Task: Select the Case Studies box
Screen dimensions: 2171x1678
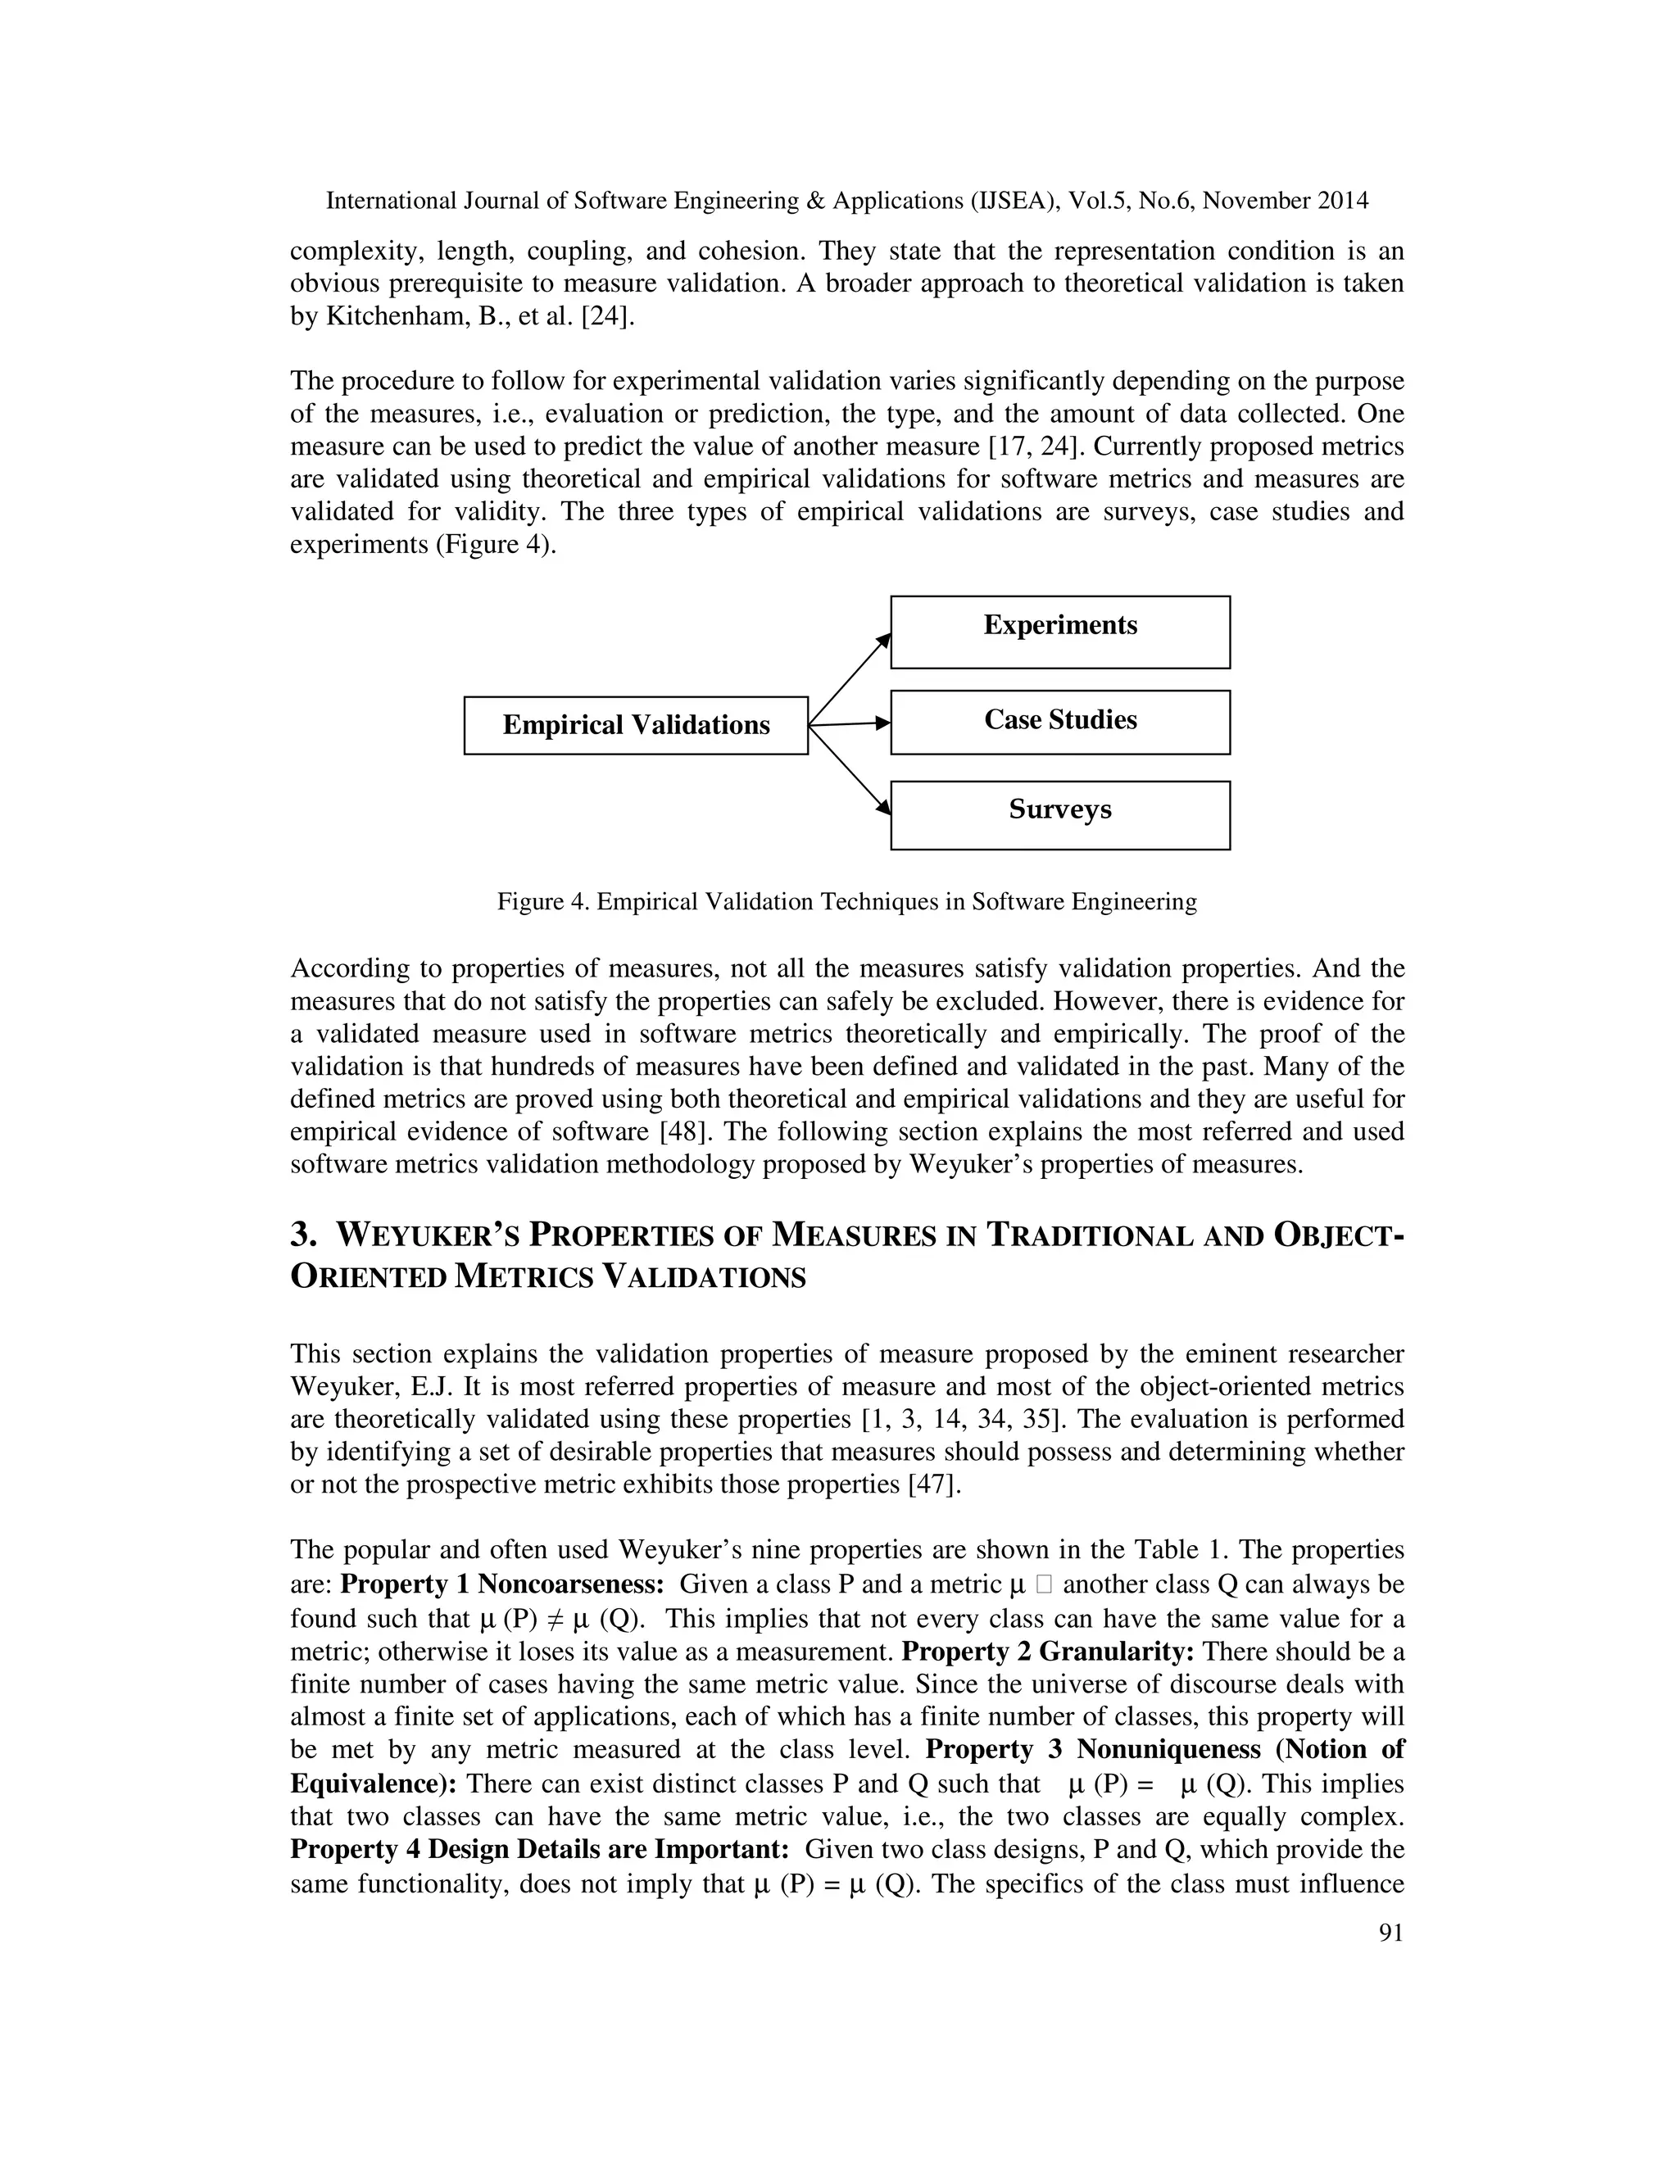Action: coord(1059,722)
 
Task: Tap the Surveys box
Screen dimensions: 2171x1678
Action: coord(1059,814)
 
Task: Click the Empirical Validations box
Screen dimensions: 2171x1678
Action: coord(635,726)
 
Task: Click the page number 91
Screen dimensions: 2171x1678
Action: coord(1390,1933)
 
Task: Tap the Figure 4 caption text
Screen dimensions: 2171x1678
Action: coord(847,902)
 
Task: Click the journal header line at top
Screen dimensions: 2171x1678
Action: coord(847,201)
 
